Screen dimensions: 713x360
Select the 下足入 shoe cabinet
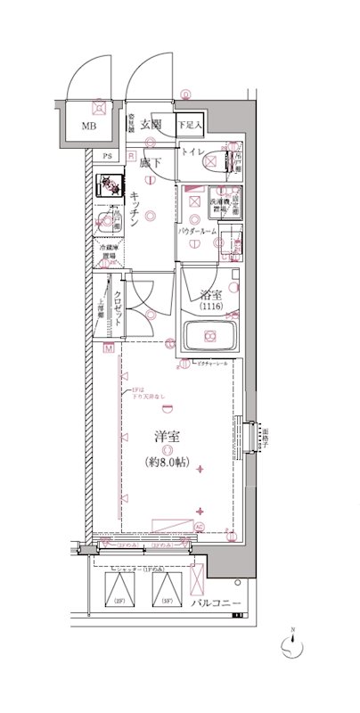[x=188, y=126]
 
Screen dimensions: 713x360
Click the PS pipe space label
[x=107, y=158]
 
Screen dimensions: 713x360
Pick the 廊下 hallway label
[x=150, y=162]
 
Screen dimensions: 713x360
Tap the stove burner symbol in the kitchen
[x=110, y=185]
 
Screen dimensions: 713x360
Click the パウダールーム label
[x=197, y=231]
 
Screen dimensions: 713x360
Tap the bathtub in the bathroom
[x=210, y=337]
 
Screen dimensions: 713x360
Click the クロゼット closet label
[x=118, y=304]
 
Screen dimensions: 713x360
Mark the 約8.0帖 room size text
[x=167, y=462]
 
